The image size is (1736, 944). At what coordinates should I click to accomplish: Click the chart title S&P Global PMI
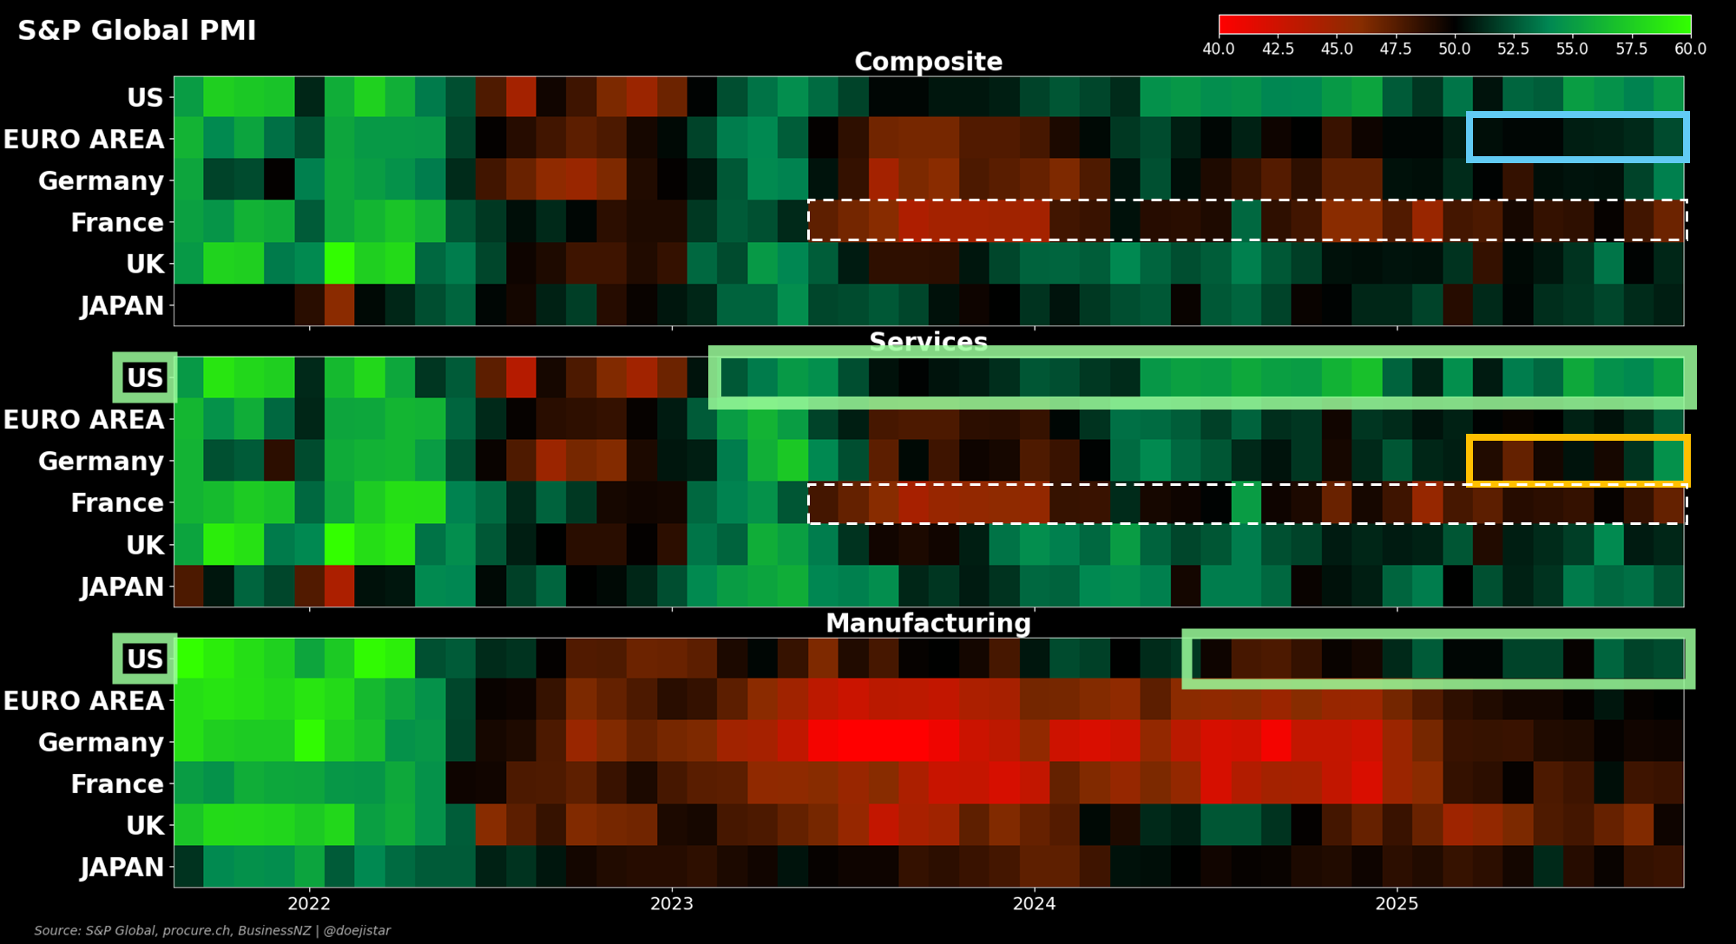tap(137, 30)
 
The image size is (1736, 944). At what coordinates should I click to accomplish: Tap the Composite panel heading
tap(928, 62)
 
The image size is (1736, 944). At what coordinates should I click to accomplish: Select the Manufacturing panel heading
tap(928, 623)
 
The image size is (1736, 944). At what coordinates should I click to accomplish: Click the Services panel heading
tap(928, 342)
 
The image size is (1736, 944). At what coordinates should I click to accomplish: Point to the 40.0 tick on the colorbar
tap(1219, 49)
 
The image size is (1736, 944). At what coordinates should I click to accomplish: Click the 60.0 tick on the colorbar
tap(1690, 49)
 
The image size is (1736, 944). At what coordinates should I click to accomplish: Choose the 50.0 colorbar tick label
tap(1454, 49)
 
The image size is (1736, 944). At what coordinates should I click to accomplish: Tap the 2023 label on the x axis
tap(672, 904)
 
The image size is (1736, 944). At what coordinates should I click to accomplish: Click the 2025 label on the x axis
tap(1397, 904)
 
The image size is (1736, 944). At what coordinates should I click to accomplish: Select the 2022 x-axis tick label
tap(309, 904)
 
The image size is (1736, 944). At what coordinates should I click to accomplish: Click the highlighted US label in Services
tap(145, 377)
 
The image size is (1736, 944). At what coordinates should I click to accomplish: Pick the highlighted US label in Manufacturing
tap(145, 659)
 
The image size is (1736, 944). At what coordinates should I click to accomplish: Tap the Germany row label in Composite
tap(101, 181)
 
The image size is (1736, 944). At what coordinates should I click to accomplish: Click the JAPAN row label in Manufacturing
tap(122, 867)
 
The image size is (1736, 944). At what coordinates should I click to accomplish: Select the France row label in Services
tap(117, 503)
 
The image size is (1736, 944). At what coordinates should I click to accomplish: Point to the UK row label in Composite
tap(145, 264)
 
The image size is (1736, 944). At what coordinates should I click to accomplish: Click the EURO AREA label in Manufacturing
tap(84, 701)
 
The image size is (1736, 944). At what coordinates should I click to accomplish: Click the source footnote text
tap(213, 930)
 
